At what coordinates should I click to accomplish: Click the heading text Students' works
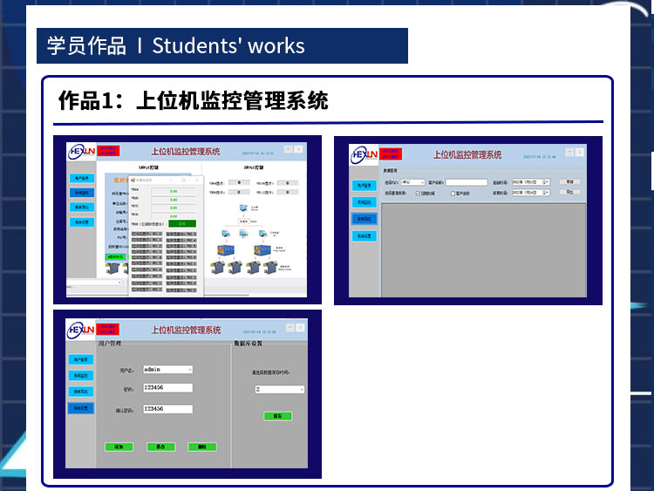[228, 45]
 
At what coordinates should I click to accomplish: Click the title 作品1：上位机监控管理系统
[193, 100]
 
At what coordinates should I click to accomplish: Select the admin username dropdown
[167, 369]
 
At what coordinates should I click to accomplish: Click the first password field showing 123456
[167, 388]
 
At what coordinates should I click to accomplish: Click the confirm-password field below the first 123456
[167, 408]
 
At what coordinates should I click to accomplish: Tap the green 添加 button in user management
[119, 447]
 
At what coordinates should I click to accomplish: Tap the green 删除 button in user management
[201, 447]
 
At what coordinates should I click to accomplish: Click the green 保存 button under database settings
[277, 416]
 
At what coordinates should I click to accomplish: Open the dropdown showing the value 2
[279, 390]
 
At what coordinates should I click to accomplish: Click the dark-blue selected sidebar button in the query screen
[364, 218]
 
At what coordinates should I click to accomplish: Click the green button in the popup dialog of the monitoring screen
[182, 223]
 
